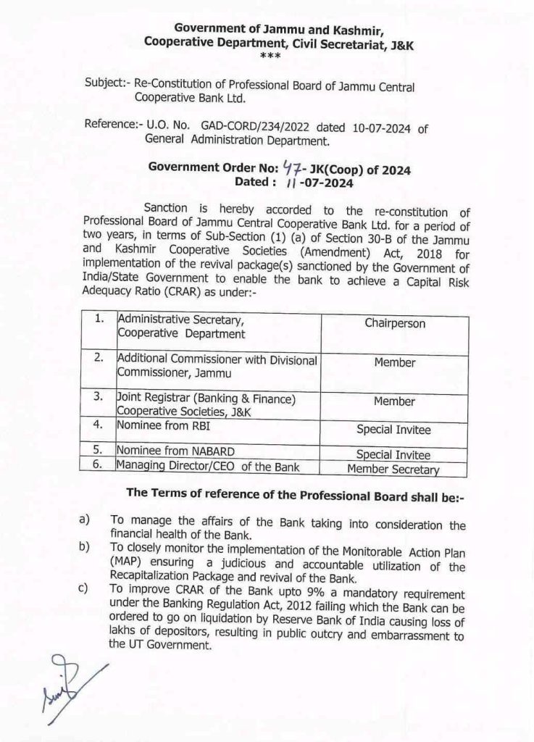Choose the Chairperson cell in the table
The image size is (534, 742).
coord(395,324)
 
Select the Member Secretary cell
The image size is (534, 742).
coord(393,469)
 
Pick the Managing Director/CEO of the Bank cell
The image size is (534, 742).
coord(208,467)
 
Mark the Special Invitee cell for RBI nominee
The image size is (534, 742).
coord(393,430)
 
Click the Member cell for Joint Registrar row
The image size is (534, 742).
coord(394,401)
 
